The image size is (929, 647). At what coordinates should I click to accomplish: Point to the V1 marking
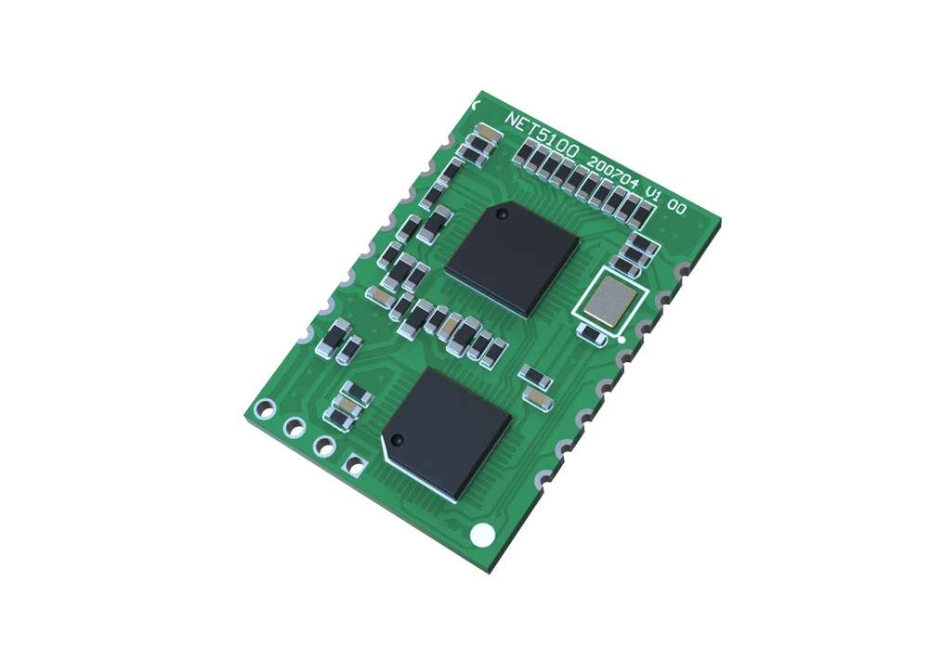[653, 197]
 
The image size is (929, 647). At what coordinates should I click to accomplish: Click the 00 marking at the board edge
[678, 210]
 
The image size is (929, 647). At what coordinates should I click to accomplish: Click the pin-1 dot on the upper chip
[502, 214]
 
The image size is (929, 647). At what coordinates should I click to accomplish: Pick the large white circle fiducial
[482, 535]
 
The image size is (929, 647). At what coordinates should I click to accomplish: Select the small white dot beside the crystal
[622, 340]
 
